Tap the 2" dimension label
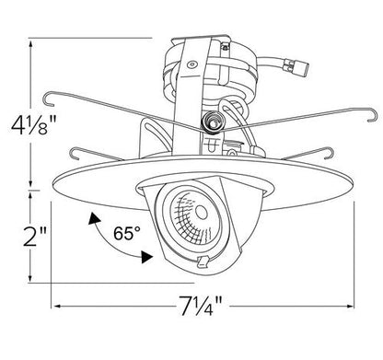pyautogui.click(x=35, y=237)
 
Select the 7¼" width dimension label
pyautogui.click(x=201, y=306)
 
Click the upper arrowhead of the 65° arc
pyautogui.click(x=94, y=218)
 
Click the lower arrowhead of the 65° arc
pyautogui.click(x=146, y=257)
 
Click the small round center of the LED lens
pyautogui.click(x=201, y=213)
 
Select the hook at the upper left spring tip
pyautogui.click(x=49, y=99)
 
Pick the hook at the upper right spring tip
pyautogui.click(x=372, y=115)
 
